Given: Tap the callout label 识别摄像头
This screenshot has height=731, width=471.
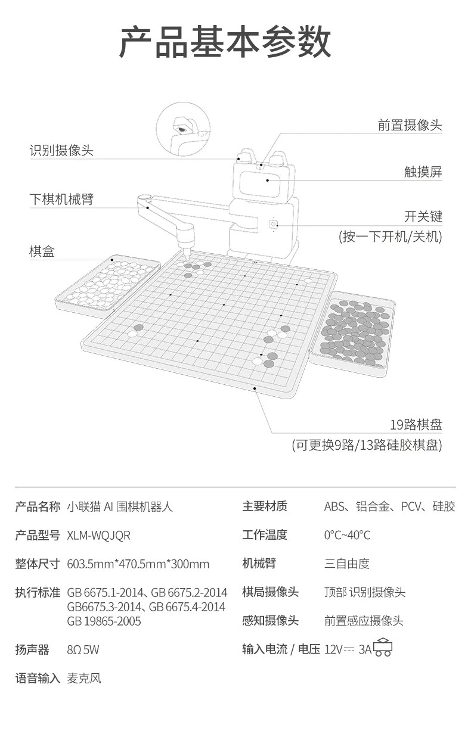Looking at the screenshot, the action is tap(61, 150).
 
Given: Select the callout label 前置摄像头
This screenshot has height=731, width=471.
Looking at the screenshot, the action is tap(410, 126).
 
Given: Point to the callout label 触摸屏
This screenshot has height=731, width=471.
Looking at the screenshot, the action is tap(423, 172).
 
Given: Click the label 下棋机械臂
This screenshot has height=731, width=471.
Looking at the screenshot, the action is tap(61, 198).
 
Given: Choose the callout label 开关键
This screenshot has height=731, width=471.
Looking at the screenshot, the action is tap(423, 216).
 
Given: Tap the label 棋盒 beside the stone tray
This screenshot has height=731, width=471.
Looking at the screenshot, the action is tap(42, 251).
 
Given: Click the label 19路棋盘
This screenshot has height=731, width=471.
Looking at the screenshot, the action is tap(416, 425).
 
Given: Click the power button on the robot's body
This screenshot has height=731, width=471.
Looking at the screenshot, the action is tap(274, 224).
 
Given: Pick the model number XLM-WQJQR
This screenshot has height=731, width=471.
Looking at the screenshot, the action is tap(98, 535).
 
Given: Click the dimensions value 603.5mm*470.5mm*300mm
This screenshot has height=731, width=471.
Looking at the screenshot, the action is tap(138, 564).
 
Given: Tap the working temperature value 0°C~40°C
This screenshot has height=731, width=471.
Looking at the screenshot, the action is tap(347, 535).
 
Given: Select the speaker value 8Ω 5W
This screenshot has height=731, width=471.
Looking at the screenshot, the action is tap(83, 649).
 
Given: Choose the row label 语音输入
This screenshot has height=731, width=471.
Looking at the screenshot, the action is tap(38, 678).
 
